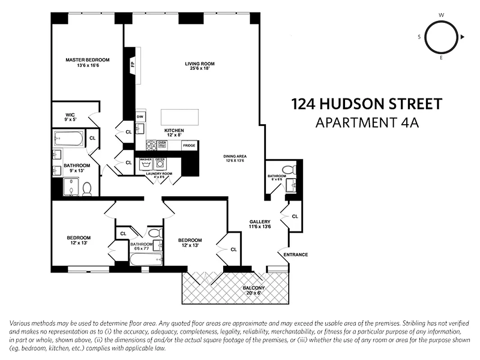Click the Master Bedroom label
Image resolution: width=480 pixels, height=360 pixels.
(87, 60)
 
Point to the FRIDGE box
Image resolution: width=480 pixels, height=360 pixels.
(189, 145)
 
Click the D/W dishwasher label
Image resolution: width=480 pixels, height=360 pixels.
(140, 117)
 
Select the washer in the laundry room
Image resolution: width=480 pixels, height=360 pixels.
(145, 164)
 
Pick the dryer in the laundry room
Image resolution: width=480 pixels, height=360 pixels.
(160, 164)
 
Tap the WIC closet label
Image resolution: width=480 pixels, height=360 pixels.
(69, 115)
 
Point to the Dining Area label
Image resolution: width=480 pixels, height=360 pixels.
(235, 157)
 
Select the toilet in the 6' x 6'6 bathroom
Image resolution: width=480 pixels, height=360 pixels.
(294, 169)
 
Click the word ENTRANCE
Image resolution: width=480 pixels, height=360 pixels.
(296, 255)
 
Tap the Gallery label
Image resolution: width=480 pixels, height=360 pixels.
(260, 221)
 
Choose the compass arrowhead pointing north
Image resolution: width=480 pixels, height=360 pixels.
(462, 37)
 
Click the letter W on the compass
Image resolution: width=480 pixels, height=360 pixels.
(441, 15)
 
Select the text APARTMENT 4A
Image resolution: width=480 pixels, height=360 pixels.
(367, 122)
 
